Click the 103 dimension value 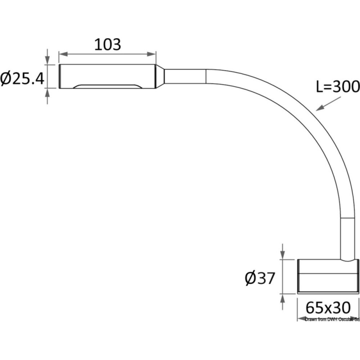click(x=108, y=45)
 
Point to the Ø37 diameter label click(x=260, y=278)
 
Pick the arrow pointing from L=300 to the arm click(x=329, y=104)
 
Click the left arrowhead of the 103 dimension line click(x=64, y=54)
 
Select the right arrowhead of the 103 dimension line click(x=152, y=54)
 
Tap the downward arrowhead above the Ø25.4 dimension click(x=47, y=60)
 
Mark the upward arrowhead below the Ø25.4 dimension click(x=47, y=93)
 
